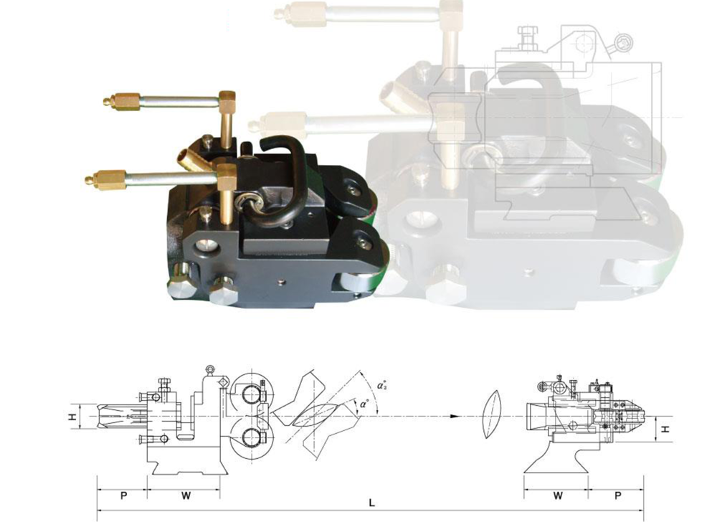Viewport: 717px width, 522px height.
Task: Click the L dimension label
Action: pyautogui.click(x=371, y=503)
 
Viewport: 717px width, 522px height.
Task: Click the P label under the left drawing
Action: pyautogui.click(x=123, y=495)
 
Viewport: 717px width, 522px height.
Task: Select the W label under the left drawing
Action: pyautogui.click(x=186, y=495)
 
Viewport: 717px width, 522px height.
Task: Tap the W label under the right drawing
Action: pyautogui.click(x=557, y=495)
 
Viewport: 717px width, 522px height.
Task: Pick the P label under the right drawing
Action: pyautogui.click(x=618, y=495)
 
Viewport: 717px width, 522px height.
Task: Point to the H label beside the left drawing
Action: pyautogui.click(x=72, y=417)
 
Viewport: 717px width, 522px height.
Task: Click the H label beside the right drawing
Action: pyautogui.click(x=666, y=430)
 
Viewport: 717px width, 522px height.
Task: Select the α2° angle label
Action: pyautogui.click(x=382, y=385)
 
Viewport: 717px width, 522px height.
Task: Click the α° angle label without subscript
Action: pyautogui.click(x=364, y=404)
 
